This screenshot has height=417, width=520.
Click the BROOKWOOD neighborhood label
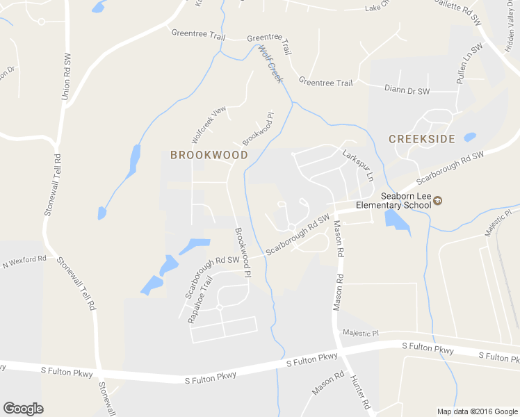point(209,155)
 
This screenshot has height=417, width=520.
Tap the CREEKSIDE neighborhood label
point(421,139)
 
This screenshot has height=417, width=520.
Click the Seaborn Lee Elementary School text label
point(393,201)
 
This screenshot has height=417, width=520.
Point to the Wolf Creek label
point(271,64)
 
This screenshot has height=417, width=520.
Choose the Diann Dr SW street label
point(407,90)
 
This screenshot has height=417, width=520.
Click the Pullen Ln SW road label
point(469,65)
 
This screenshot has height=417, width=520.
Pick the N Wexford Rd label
point(24,261)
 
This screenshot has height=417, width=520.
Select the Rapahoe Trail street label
point(200,300)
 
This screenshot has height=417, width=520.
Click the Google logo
point(23,409)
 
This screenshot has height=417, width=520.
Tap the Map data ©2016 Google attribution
point(477,411)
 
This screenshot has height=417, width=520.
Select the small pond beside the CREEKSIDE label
point(470,137)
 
